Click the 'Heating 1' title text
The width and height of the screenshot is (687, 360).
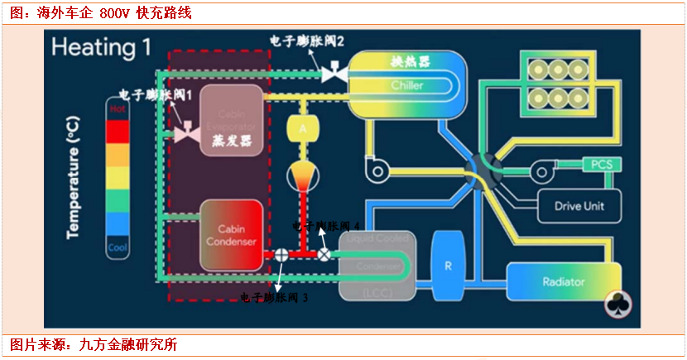(x=101, y=47)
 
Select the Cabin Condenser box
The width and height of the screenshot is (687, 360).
(x=232, y=237)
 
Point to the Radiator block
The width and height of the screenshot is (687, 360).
(x=563, y=282)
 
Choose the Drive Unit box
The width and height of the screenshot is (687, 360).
(x=579, y=205)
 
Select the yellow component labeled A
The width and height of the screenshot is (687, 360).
(x=302, y=129)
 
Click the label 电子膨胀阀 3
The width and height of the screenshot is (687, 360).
(x=274, y=297)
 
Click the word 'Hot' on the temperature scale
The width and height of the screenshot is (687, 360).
(x=118, y=108)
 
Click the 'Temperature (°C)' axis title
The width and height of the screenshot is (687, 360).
(x=74, y=177)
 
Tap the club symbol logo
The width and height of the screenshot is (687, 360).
(x=619, y=303)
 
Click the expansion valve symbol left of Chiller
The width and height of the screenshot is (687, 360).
(x=334, y=74)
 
